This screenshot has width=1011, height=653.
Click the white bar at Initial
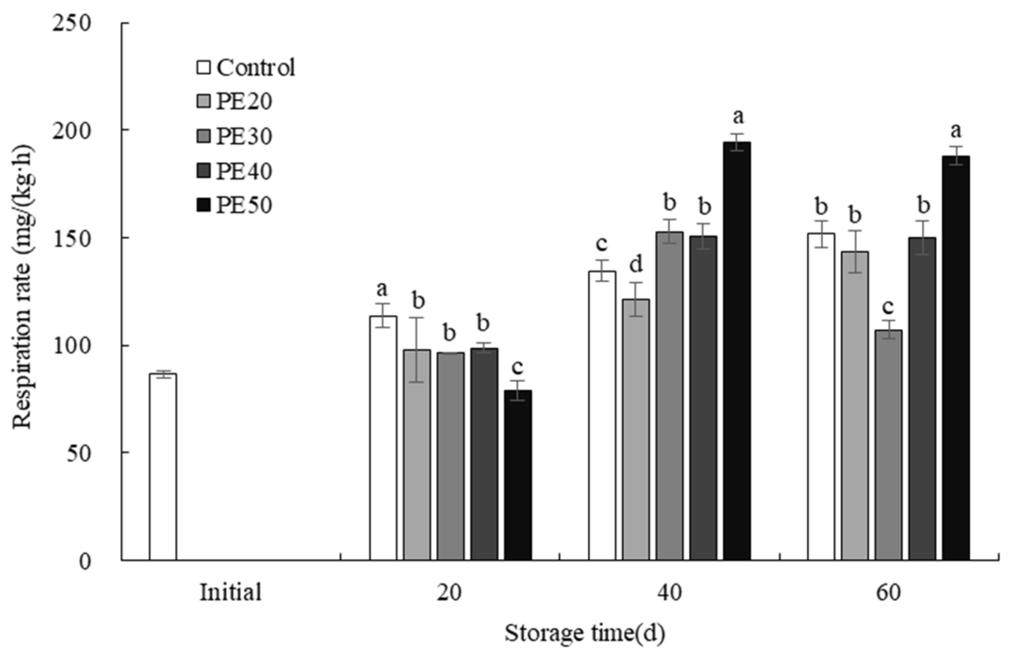pyautogui.click(x=163, y=466)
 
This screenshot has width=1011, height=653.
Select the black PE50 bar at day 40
pyautogui.click(x=737, y=351)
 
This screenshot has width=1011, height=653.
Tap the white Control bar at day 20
pyautogui.click(x=383, y=438)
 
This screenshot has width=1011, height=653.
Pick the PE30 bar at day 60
pyautogui.click(x=888, y=445)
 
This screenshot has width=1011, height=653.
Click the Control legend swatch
pyautogui.click(x=203, y=67)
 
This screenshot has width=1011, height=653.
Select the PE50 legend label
pyautogui.click(x=244, y=205)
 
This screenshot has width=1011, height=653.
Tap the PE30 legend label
pyautogui.click(x=244, y=136)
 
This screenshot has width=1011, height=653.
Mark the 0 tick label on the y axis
pyautogui.click(x=85, y=561)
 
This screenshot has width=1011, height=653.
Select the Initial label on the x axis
pyautogui.click(x=230, y=592)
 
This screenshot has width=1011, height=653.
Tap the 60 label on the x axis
pyautogui.click(x=888, y=592)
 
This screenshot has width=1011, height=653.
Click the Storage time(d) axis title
pyautogui.click(x=584, y=633)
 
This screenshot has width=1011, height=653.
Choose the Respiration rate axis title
pyautogui.click(x=23, y=287)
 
